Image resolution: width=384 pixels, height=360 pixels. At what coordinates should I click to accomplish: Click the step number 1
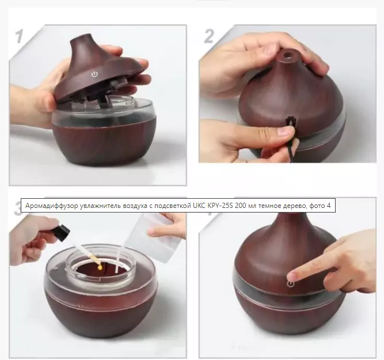pyautogui.click(x=19, y=36)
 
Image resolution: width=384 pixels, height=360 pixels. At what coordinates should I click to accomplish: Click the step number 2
pyautogui.click(x=209, y=36)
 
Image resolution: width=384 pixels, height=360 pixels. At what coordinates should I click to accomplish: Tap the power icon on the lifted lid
pyautogui.click(x=94, y=74)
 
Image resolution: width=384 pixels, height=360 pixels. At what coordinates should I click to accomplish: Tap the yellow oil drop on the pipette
pyautogui.click(x=100, y=267)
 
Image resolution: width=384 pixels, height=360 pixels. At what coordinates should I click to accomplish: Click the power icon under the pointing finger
pyautogui.click(x=291, y=284)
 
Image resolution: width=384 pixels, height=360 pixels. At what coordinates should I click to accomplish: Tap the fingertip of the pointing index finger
pyautogui.click(x=292, y=276)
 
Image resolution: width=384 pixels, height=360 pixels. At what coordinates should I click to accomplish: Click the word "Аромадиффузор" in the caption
pyautogui.click(x=52, y=206)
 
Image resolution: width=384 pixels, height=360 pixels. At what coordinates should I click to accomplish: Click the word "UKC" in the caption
pyautogui.click(x=199, y=206)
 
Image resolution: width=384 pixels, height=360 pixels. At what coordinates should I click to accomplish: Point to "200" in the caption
pyautogui.click(x=240, y=206)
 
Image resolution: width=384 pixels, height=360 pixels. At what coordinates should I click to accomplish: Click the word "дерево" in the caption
pyautogui.click(x=295, y=206)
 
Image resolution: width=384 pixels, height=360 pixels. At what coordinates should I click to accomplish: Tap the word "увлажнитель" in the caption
pyautogui.click(x=101, y=206)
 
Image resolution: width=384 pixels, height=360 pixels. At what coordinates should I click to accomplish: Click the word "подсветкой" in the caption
pyautogui.click(x=172, y=206)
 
